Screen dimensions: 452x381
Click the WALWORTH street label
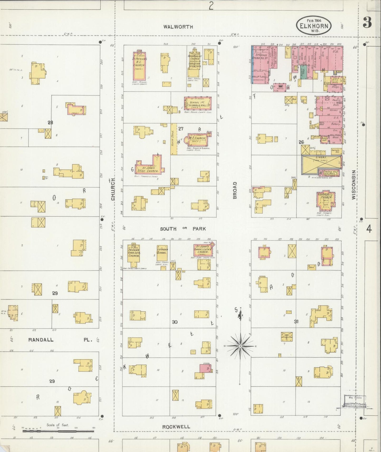[x=178, y=27]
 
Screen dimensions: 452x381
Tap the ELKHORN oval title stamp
[x=314, y=26]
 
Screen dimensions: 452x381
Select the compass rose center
[x=240, y=346]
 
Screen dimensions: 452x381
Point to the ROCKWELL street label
[x=176, y=427]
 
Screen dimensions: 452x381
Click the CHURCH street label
[x=113, y=189]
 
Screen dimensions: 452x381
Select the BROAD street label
[x=235, y=190]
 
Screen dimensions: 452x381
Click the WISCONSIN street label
[x=354, y=185]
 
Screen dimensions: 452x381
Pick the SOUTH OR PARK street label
[x=183, y=229]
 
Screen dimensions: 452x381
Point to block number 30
[x=175, y=322]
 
